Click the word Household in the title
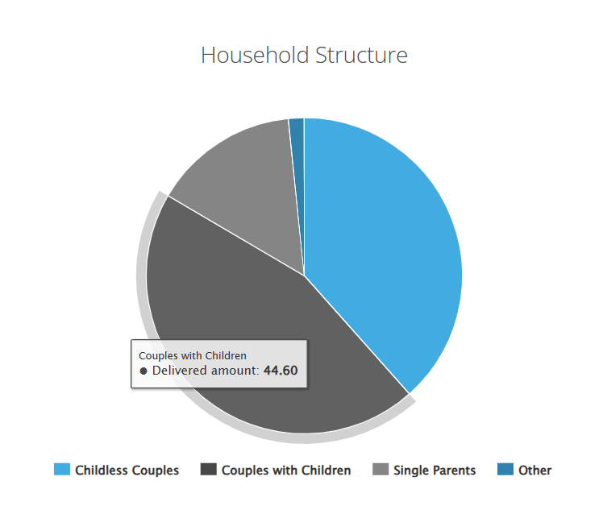tap(255, 55)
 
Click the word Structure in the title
tap(361, 55)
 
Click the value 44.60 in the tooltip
tap(281, 371)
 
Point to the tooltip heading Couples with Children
tap(193, 355)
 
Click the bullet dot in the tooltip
tap(144, 371)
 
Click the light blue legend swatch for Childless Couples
tap(62, 470)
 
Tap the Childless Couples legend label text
tap(127, 470)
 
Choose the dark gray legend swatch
tap(209, 470)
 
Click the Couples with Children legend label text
tap(286, 470)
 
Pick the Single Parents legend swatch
tap(381, 470)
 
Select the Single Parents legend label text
tap(435, 470)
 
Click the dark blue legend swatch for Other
tap(505, 470)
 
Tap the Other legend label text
tap(535, 470)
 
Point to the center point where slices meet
tap(304, 276)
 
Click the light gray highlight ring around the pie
tap(141, 275)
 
